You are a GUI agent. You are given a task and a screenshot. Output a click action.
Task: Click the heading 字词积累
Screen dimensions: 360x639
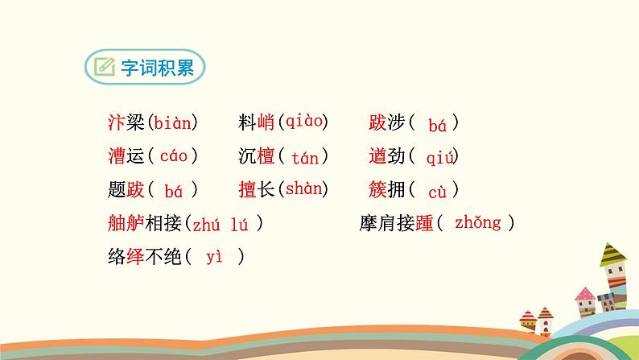[157, 67]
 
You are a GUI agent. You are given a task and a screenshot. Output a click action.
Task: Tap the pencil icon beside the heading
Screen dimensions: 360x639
[103, 67]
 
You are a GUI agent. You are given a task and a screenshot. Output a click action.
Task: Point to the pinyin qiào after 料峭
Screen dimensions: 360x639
[303, 122]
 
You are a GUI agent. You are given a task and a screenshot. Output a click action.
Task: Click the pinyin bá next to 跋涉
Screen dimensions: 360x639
[437, 125]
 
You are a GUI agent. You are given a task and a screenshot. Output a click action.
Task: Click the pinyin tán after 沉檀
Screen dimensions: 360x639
[304, 158]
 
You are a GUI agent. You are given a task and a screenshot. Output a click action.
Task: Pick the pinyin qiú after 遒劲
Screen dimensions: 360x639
[440, 158]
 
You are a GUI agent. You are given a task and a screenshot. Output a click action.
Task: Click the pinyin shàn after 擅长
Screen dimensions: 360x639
[303, 189]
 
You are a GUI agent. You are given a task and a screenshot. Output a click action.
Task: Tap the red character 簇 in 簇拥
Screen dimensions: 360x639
[377, 190]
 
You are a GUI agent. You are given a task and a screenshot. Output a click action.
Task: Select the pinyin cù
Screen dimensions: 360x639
[437, 192]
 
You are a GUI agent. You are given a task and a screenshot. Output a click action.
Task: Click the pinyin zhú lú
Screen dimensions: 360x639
[223, 224]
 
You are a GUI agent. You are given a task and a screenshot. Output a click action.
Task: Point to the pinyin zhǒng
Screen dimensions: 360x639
[477, 223]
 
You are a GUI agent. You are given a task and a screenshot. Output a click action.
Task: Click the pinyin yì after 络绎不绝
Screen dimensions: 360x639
[213, 257]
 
